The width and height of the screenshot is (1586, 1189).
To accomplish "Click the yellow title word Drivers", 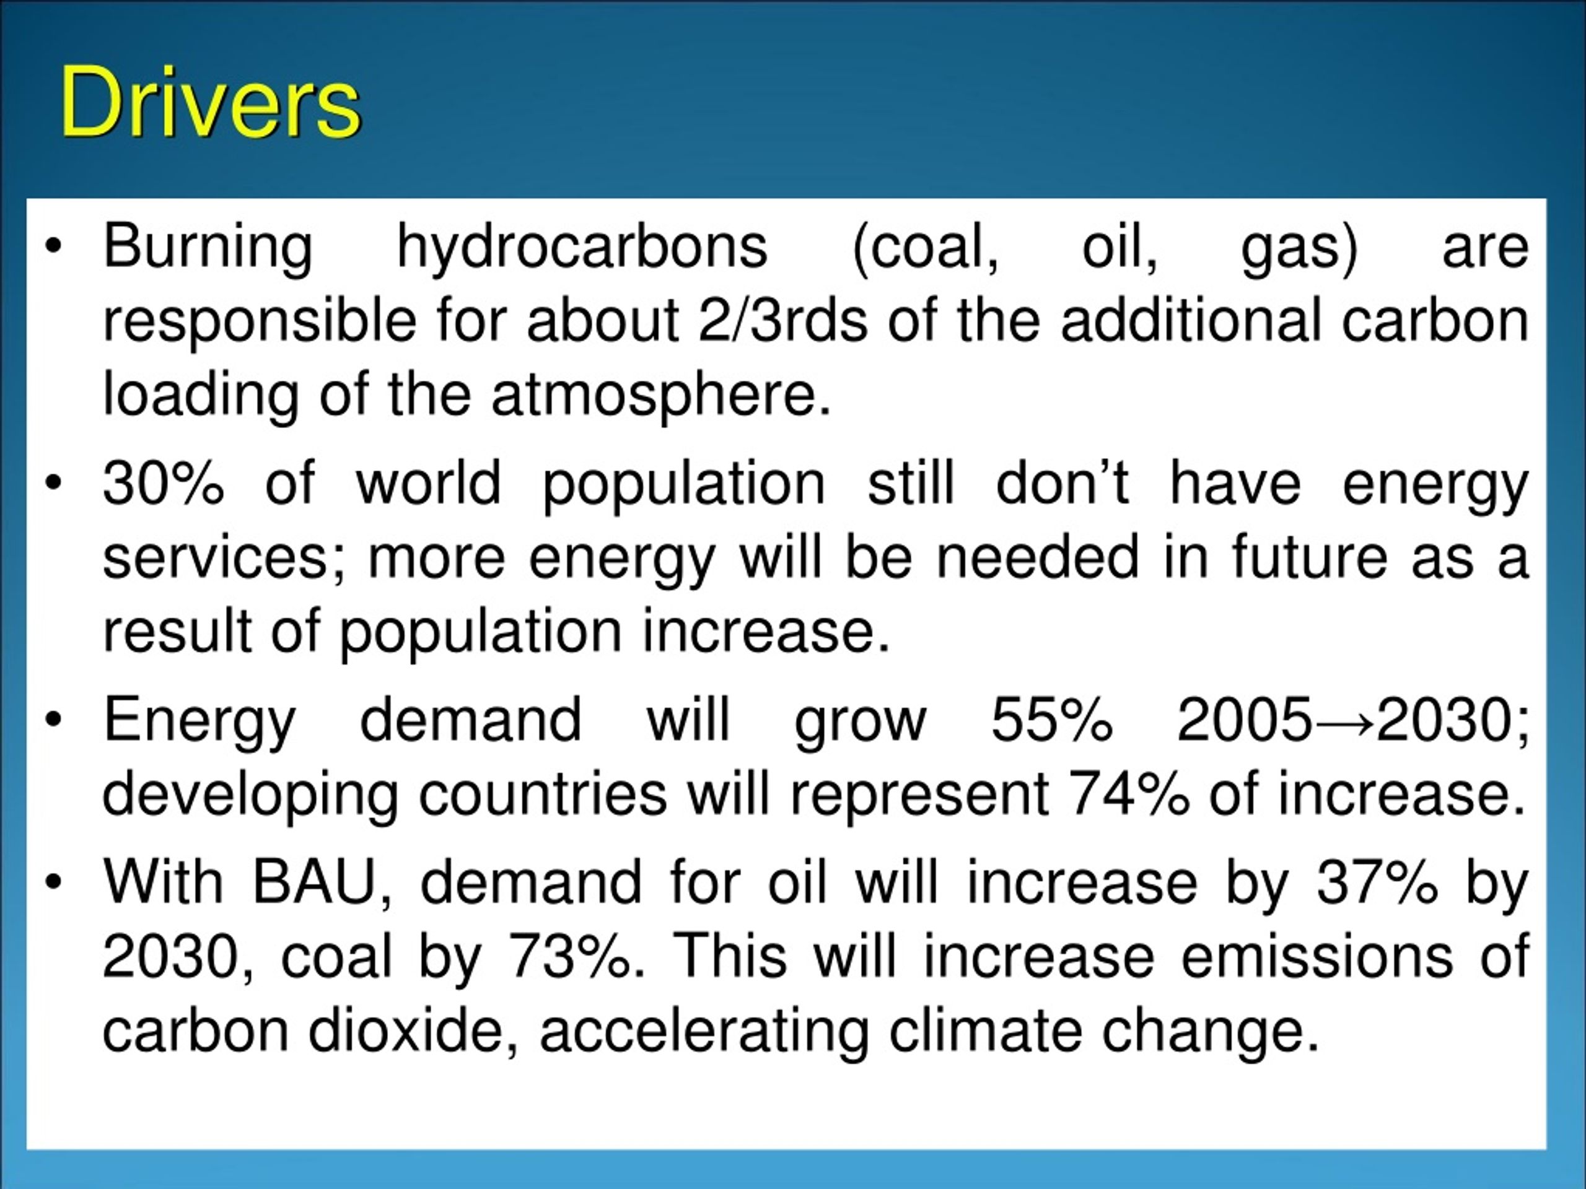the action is [210, 102].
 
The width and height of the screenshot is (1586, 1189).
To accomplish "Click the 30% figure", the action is [164, 482].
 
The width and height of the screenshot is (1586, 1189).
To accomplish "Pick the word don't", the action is [1062, 482].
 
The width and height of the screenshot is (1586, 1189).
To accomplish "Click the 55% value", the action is [1051, 719].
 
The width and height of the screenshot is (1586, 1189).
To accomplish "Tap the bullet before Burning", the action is [54, 247].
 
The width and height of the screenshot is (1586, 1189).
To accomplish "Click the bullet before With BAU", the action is [54, 882].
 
